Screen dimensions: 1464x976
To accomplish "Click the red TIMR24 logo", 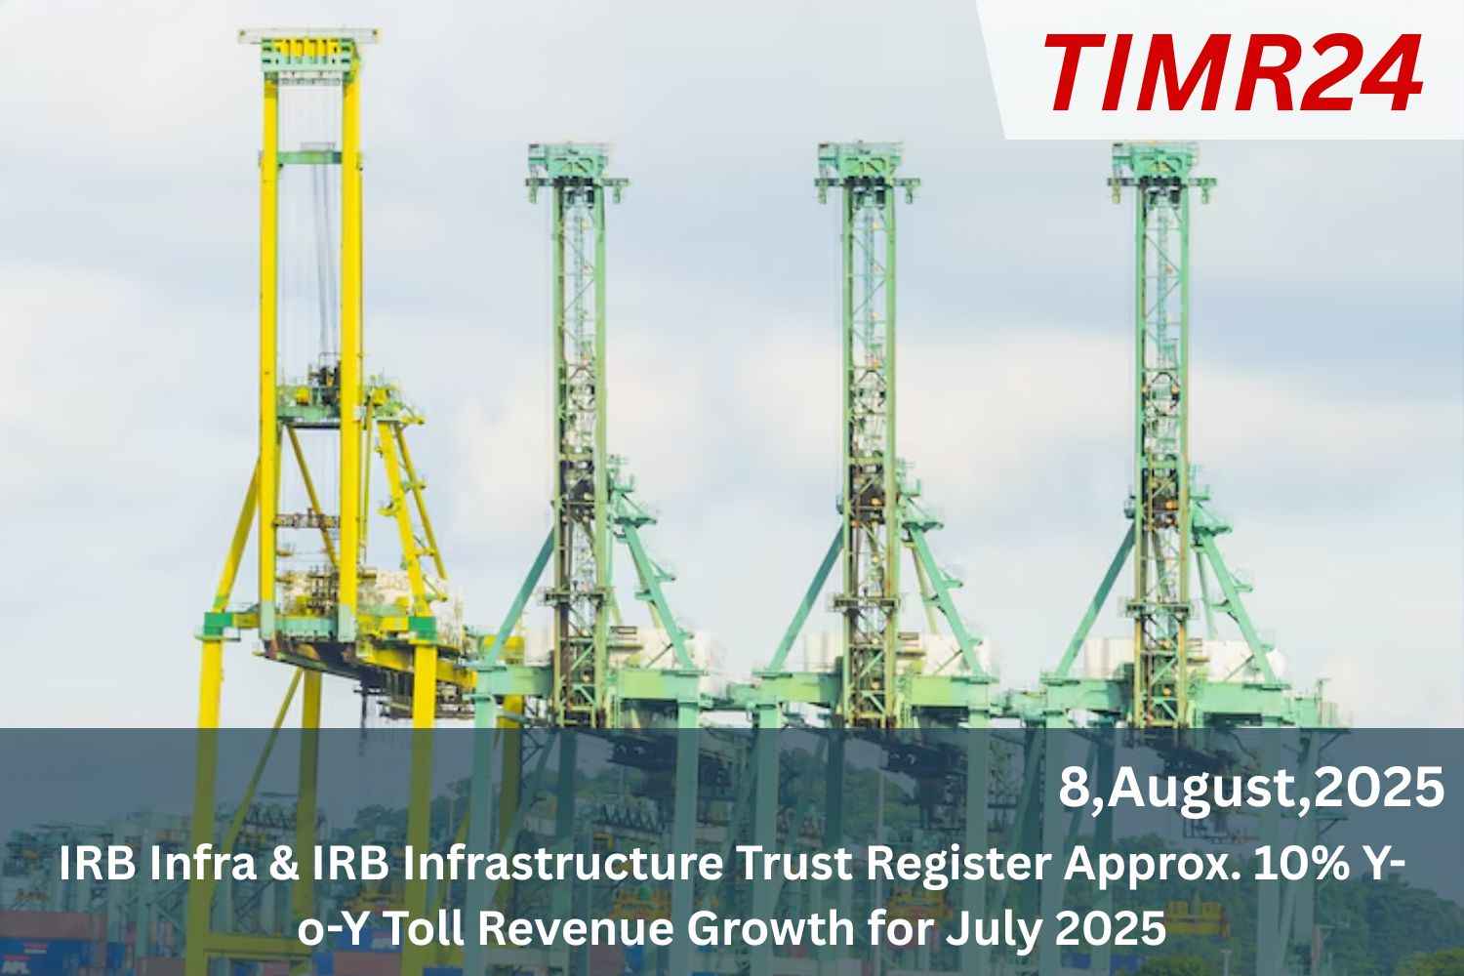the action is click(x=1233, y=73).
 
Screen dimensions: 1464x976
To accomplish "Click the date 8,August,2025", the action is click(x=1251, y=789).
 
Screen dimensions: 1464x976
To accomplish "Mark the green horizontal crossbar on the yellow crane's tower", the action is click(x=309, y=157).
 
